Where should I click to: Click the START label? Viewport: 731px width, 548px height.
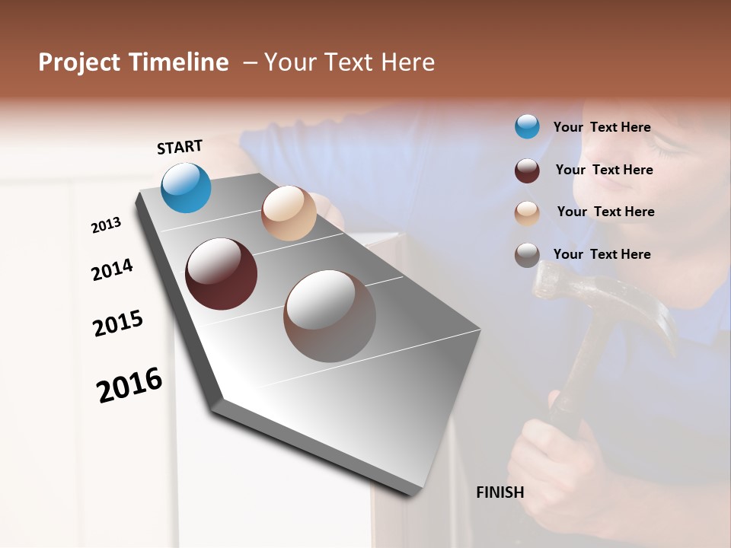(180, 147)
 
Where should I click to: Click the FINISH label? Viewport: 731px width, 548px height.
(500, 492)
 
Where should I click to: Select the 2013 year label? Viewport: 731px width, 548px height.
(106, 225)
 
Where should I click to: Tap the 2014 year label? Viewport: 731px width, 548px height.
(112, 269)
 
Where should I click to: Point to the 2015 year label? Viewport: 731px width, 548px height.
(118, 323)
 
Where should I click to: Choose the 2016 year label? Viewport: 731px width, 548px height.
(129, 385)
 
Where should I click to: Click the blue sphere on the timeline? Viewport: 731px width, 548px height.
(187, 187)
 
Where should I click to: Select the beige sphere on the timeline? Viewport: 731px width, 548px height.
(289, 213)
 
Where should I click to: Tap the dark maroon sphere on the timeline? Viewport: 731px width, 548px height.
(222, 274)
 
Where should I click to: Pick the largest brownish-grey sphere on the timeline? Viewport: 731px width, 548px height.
(330, 316)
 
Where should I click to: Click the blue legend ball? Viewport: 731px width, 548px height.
(527, 126)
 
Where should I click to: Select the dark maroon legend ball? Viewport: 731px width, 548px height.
(527, 170)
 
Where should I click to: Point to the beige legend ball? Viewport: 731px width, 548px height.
(527, 213)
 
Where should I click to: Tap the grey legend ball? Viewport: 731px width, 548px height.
(527, 255)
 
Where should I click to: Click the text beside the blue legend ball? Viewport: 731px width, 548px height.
(602, 127)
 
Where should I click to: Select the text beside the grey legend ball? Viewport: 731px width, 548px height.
(602, 254)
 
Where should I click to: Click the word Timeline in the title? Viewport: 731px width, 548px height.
(179, 62)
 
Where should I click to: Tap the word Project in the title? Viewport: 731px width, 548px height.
(78, 62)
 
